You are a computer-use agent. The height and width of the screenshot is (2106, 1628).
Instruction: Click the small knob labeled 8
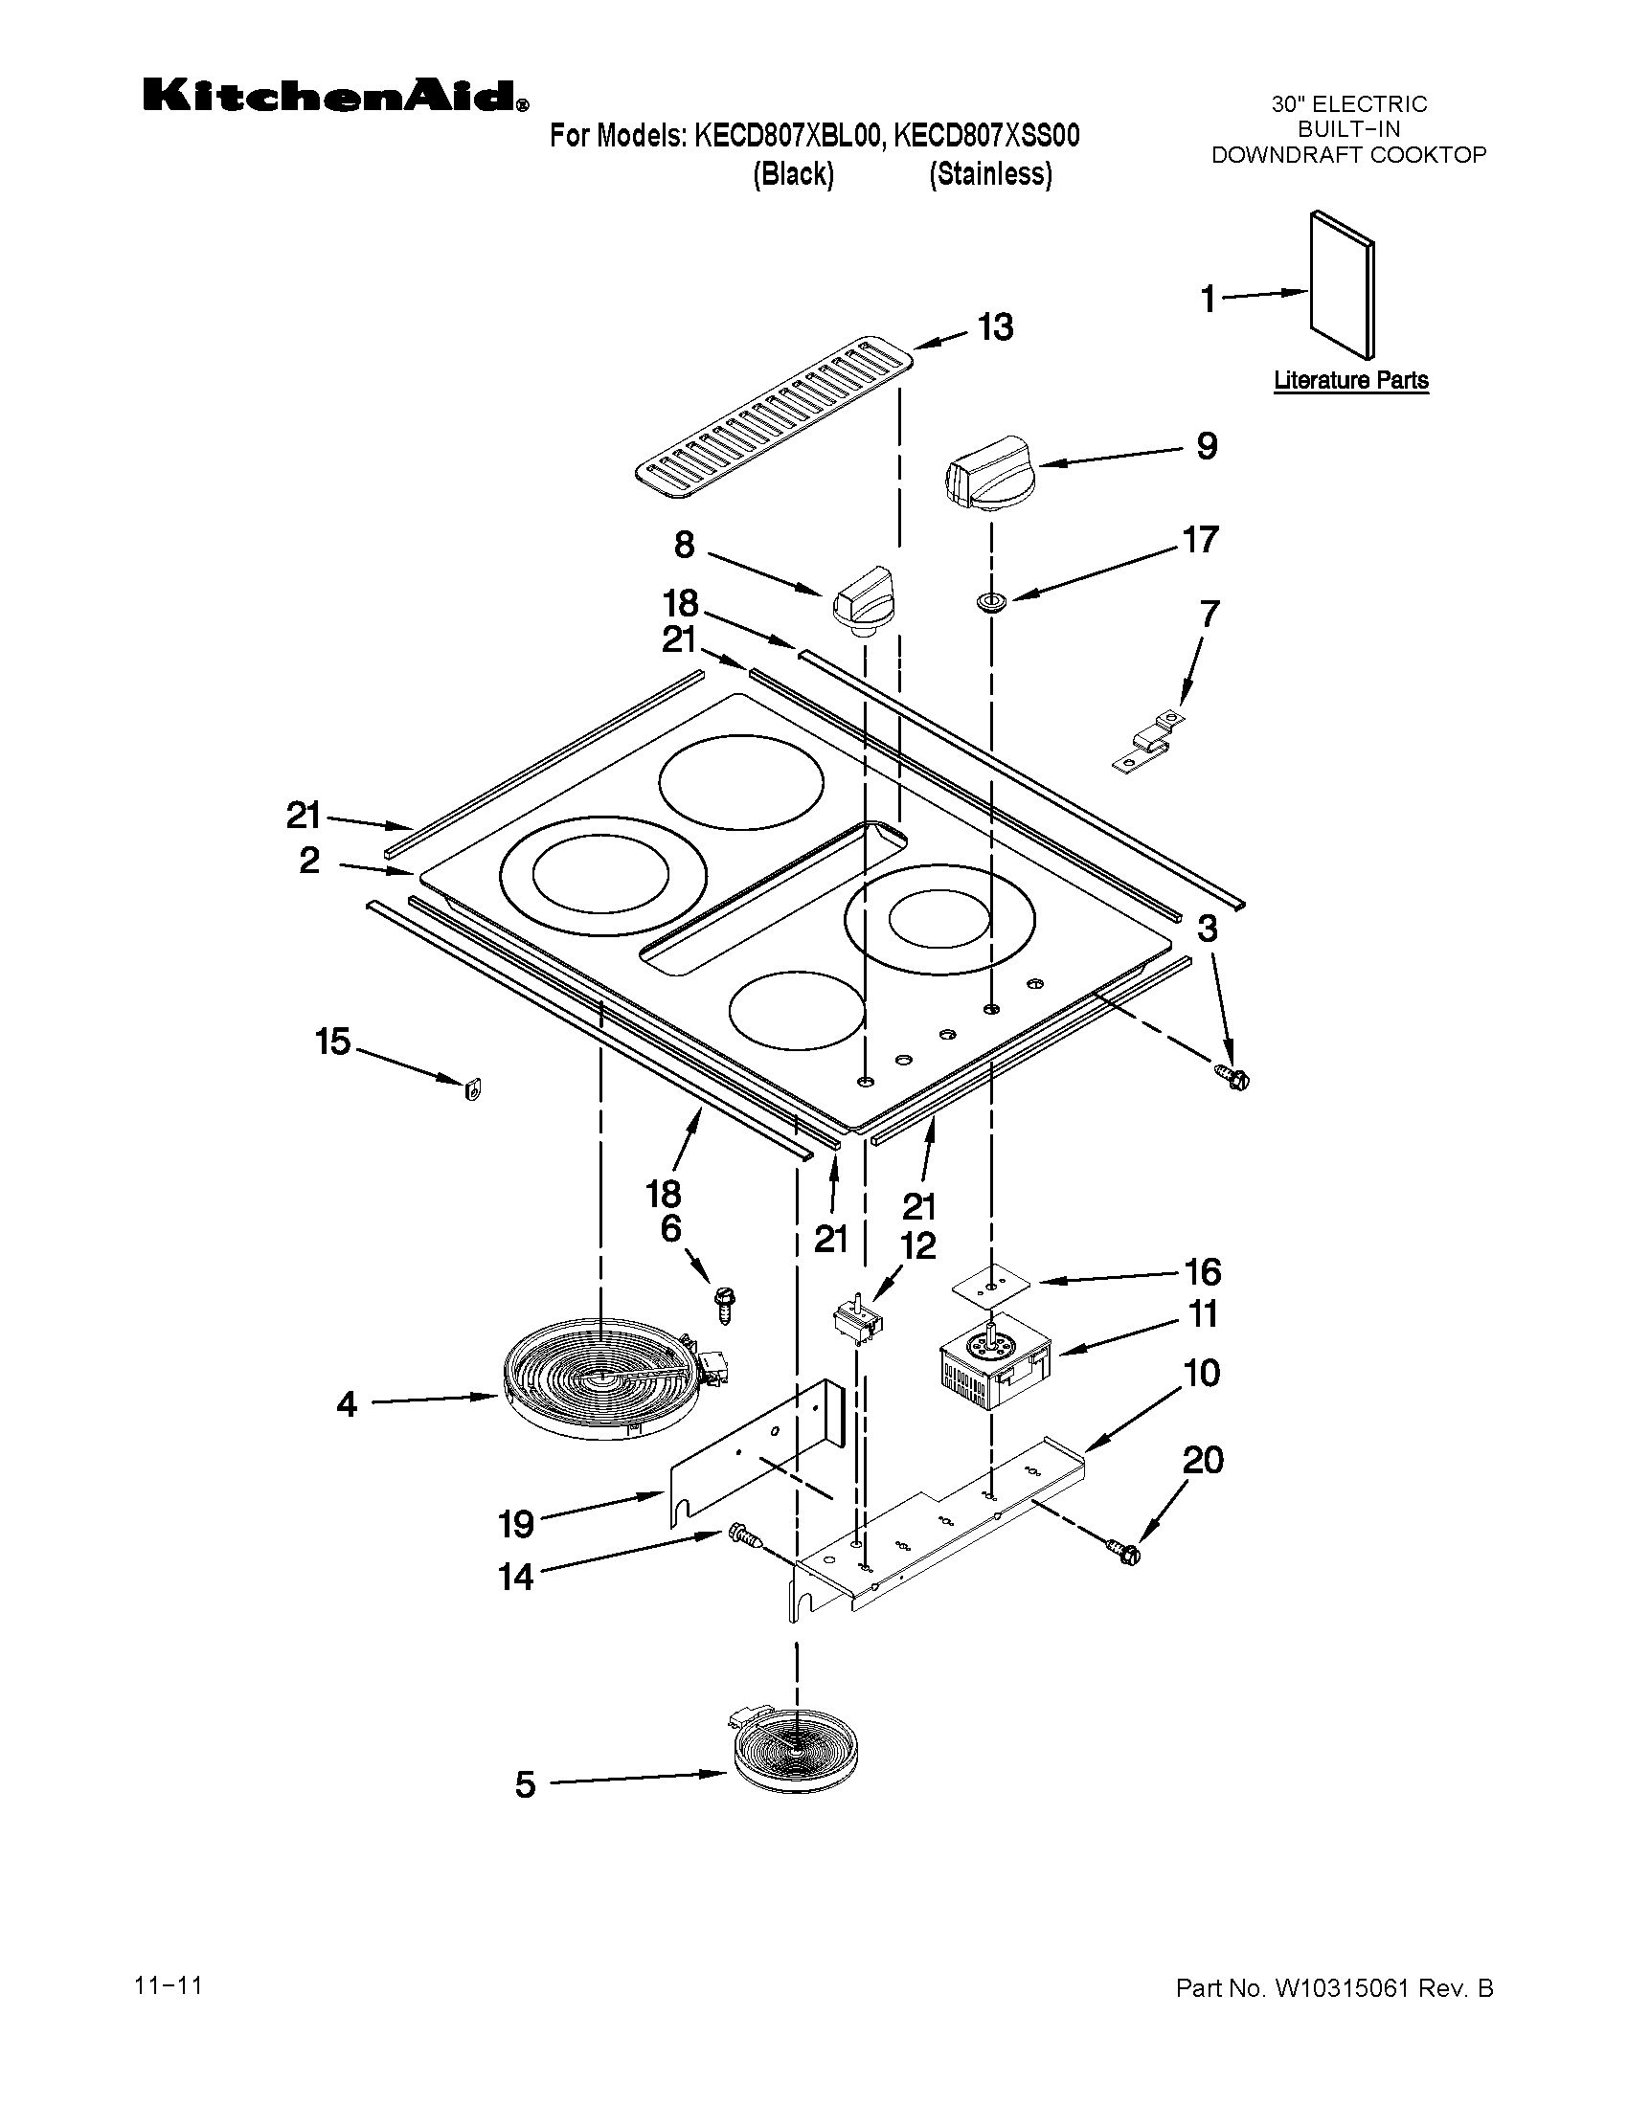(864, 601)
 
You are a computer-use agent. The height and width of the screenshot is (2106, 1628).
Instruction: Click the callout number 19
(516, 1525)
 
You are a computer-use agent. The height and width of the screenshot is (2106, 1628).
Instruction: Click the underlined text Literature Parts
(1350, 380)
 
